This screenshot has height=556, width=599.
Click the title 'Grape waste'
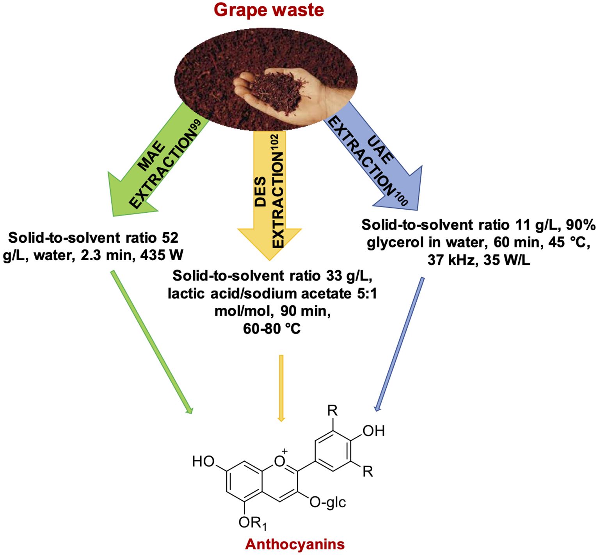pyautogui.click(x=269, y=10)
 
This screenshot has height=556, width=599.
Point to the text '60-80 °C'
pyautogui.click(x=272, y=329)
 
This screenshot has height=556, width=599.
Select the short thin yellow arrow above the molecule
pyautogui.click(x=281, y=388)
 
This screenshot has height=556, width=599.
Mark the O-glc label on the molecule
pyautogui.click(x=327, y=502)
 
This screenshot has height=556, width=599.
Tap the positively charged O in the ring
pyautogui.click(x=280, y=461)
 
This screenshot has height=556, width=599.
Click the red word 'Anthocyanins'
pyautogui.click(x=295, y=544)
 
